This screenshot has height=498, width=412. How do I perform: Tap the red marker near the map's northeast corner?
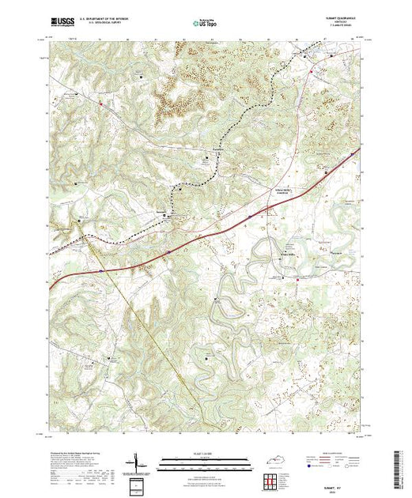[312, 70]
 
